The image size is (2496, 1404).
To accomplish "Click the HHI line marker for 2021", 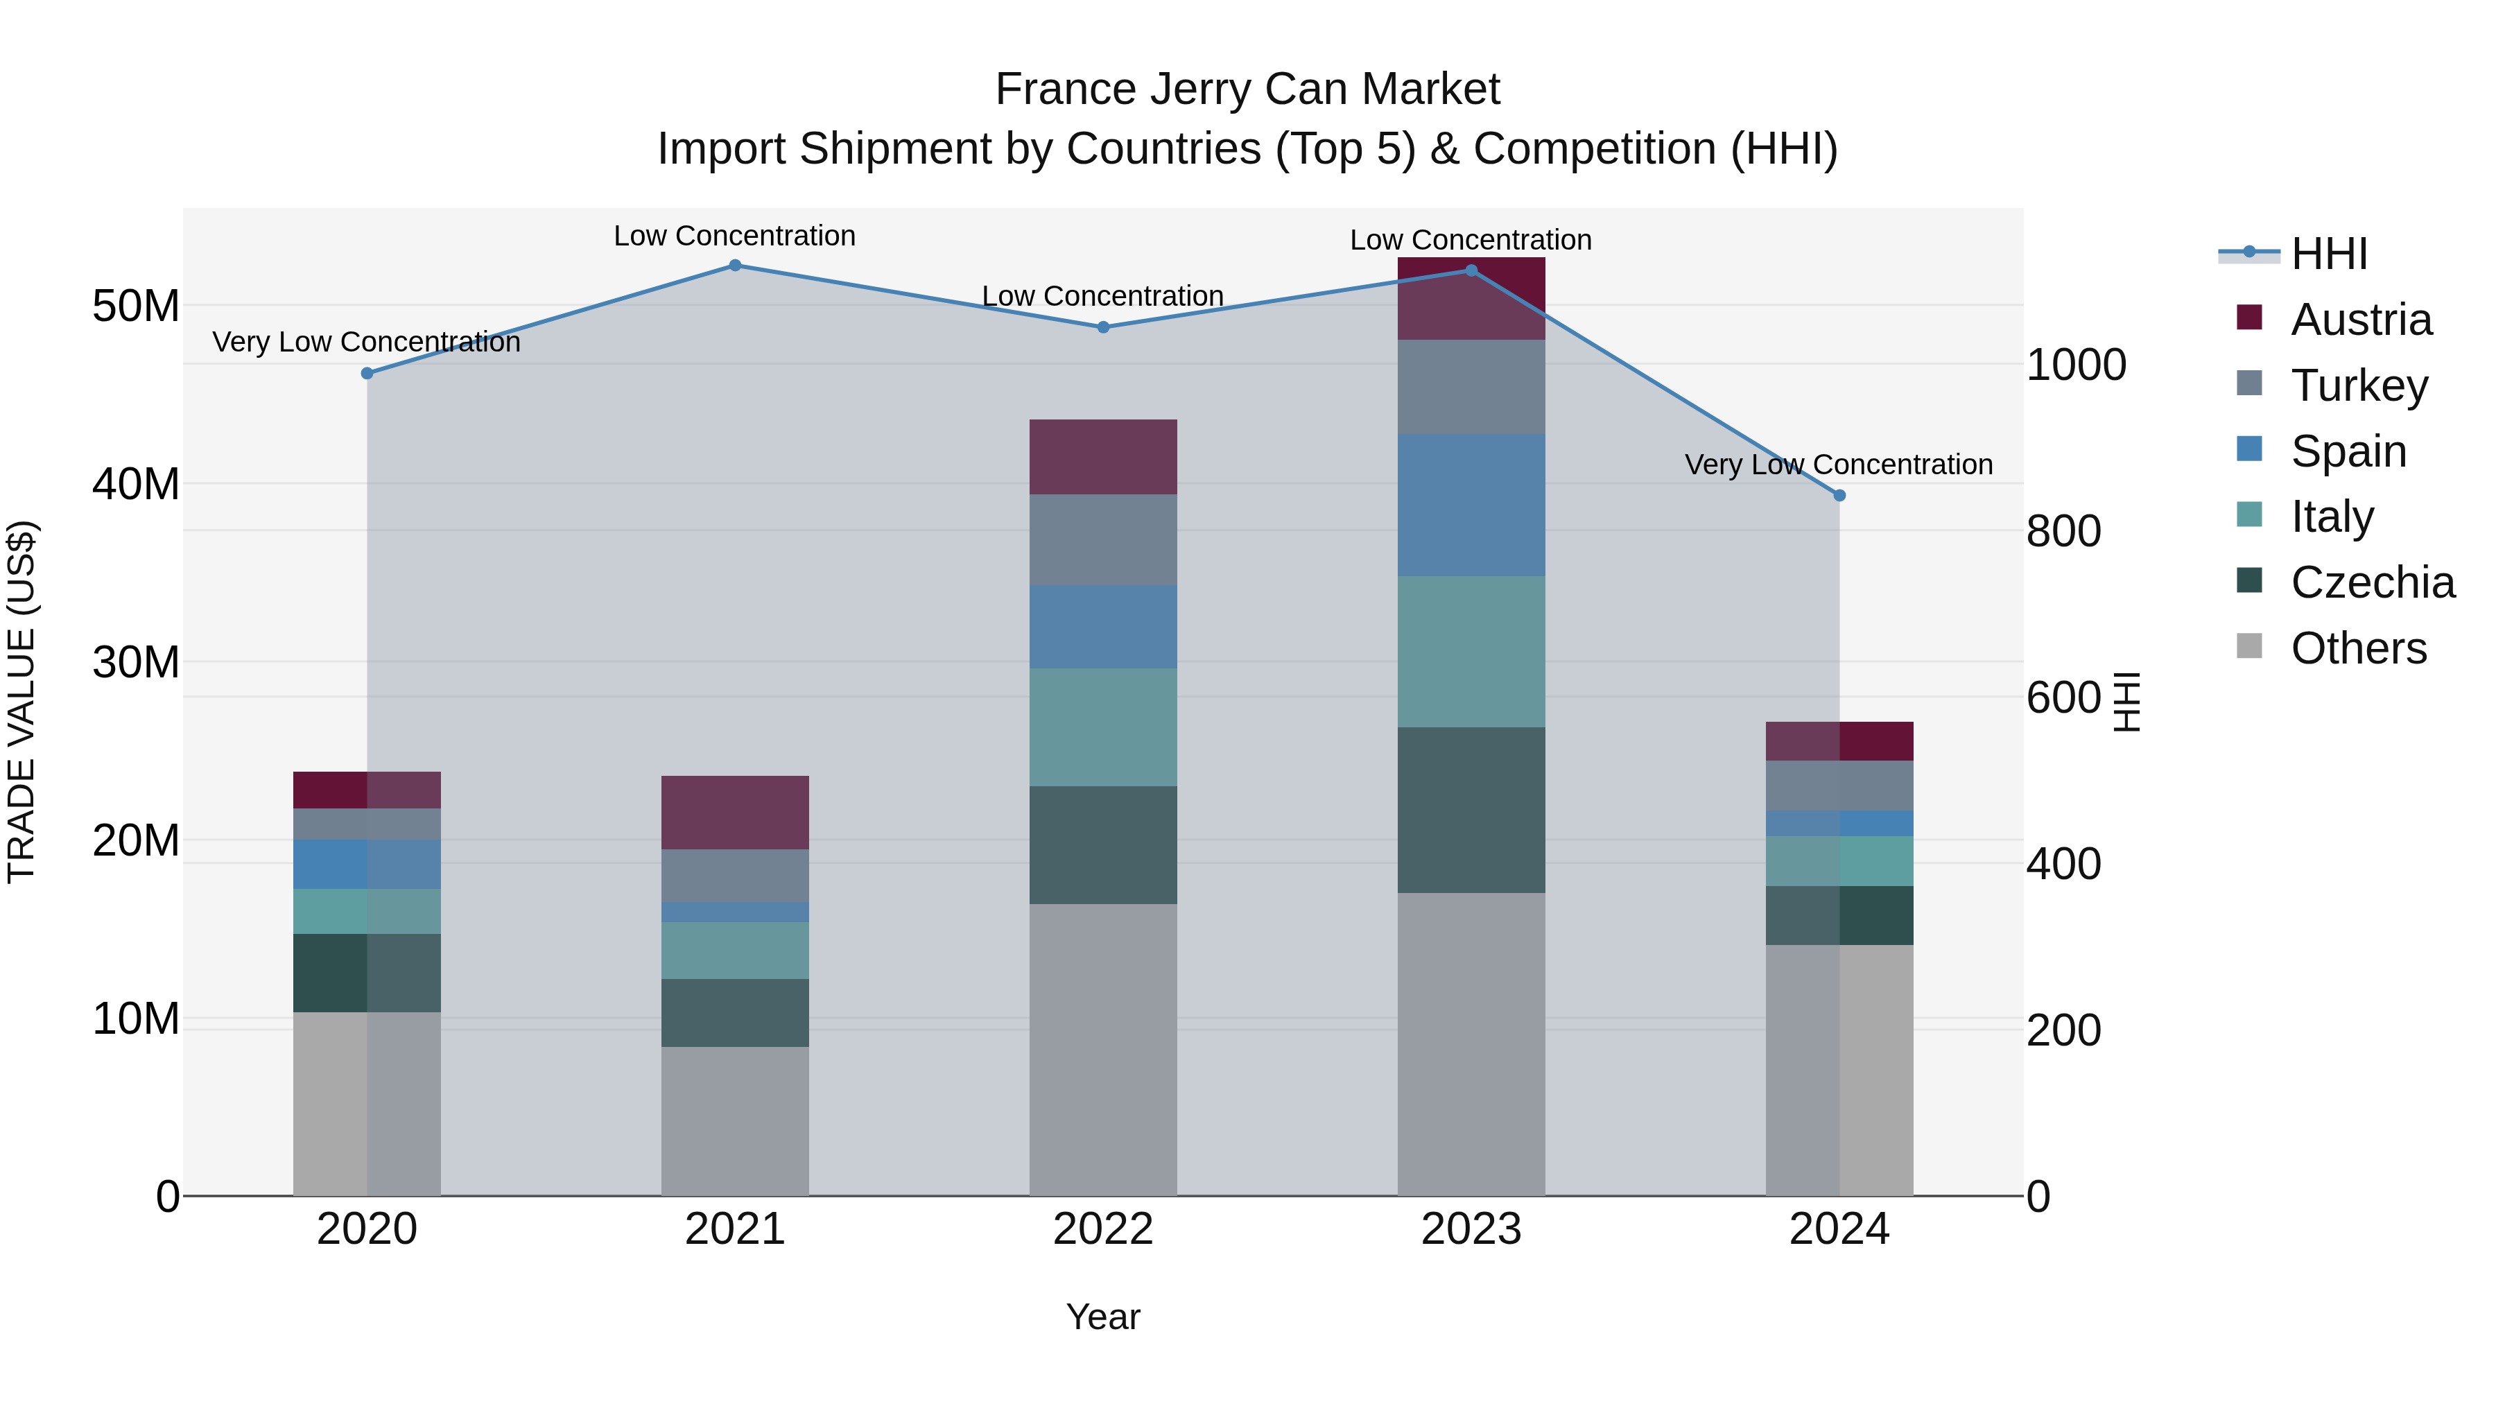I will [x=734, y=266].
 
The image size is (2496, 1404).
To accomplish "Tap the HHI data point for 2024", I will [x=1839, y=495].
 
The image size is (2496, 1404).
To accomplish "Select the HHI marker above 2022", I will [x=1102, y=327].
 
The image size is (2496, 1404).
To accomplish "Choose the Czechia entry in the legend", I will [x=2372, y=582].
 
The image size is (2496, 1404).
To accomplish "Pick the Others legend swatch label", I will [x=2359, y=648].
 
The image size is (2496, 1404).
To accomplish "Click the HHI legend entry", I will [x=2328, y=254].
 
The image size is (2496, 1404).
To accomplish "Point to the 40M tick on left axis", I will [x=136, y=483].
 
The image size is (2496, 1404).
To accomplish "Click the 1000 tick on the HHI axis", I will [x=2075, y=365].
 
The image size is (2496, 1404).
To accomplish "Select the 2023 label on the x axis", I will [x=1471, y=1229].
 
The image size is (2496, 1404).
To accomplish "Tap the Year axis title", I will [x=1102, y=1317].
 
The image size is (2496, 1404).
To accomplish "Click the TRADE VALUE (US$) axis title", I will [x=21, y=702].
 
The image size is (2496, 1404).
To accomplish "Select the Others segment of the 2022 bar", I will [x=1102, y=1050].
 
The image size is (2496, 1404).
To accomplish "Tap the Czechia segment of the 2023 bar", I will [x=1471, y=809].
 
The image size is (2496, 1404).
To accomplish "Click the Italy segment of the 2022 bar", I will [x=1102, y=727].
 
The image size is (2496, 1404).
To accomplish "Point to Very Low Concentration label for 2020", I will [x=366, y=342].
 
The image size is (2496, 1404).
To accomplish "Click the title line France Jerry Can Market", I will [x=1247, y=89].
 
